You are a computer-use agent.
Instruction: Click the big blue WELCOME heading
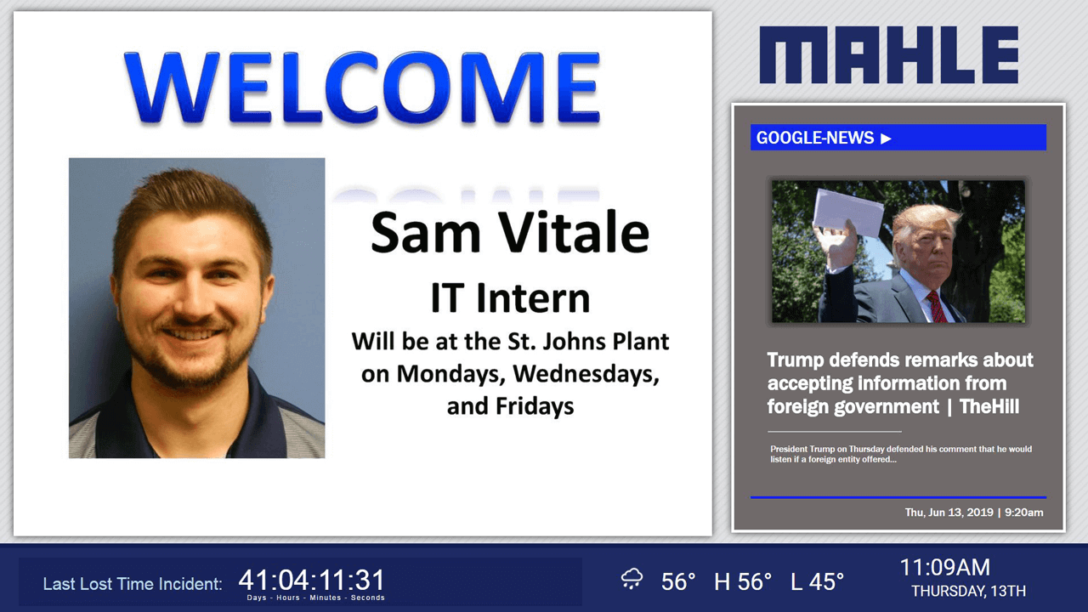(x=362, y=88)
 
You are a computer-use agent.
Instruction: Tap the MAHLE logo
(x=889, y=55)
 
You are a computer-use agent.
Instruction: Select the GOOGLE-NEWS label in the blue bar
(x=815, y=138)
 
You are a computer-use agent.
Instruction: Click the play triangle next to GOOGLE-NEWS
(x=886, y=139)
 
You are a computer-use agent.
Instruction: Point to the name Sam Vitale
(x=510, y=233)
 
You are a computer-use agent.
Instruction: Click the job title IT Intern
(x=511, y=297)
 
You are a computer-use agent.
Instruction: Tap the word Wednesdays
(x=586, y=374)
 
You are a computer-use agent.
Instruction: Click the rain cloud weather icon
(x=632, y=579)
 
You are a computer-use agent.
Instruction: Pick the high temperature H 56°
(x=743, y=581)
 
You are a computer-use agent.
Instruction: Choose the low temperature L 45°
(x=817, y=581)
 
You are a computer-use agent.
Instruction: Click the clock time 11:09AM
(x=944, y=567)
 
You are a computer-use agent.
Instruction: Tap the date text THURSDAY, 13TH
(x=968, y=591)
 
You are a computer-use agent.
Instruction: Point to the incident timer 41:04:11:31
(x=311, y=580)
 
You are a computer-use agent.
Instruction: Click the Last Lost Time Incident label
(x=133, y=584)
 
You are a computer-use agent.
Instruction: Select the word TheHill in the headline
(x=989, y=406)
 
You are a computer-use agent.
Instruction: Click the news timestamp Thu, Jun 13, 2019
(x=949, y=513)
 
